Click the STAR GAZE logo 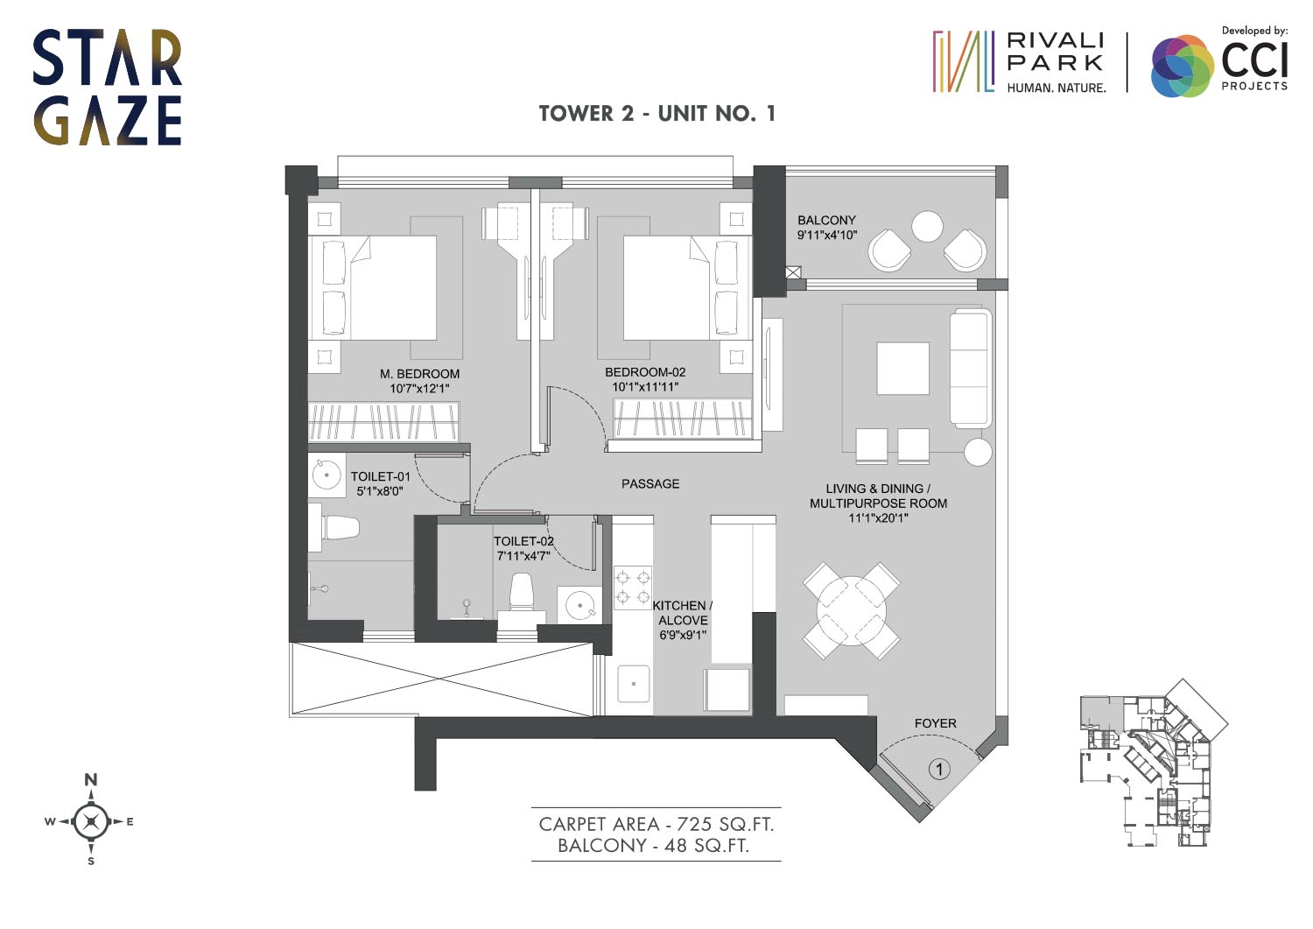pyautogui.click(x=108, y=88)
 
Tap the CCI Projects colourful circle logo pyautogui.click(x=1182, y=66)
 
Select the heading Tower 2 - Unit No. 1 pyautogui.click(x=657, y=113)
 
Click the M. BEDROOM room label pyautogui.click(x=419, y=374)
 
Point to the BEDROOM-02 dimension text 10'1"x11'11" pyautogui.click(x=645, y=387)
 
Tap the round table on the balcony pyautogui.click(x=927, y=227)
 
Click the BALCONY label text pyautogui.click(x=826, y=221)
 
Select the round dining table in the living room pyautogui.click(x=851, y=610)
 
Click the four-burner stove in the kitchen pyautogui.click(x=633, y=588)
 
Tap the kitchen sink pyautogui.click(x=634, y=684)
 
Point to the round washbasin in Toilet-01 pyautogui.click(x=326, y=475)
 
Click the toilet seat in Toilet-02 pyautogui.click(x=521, y=593)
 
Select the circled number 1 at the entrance pyautogui.click(x=939, y=769)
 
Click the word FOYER pyautogui.click(x=936, y=724)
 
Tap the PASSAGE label pyautogui.click(x=650, y=484)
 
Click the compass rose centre pyautogui.click(x=91, y=821)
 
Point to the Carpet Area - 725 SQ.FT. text pyautogui.click(x=656, y=824)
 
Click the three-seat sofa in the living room pyautogui.click(x=971, y=368)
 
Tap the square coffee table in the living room pyautogui.click(x=902, y=369)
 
